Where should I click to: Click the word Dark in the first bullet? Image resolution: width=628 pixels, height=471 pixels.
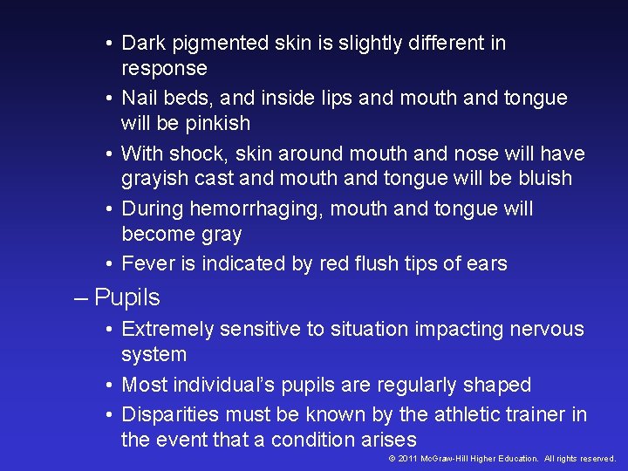point(141,43)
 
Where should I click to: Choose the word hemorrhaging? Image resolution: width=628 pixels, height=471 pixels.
point(254,210)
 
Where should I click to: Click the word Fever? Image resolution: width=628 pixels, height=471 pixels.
point(146,263)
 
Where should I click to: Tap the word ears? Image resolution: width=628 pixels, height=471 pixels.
point(485,263)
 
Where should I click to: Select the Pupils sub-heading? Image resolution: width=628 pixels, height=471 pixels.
point(127,297)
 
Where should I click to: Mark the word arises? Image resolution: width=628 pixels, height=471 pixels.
point(389,440)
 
